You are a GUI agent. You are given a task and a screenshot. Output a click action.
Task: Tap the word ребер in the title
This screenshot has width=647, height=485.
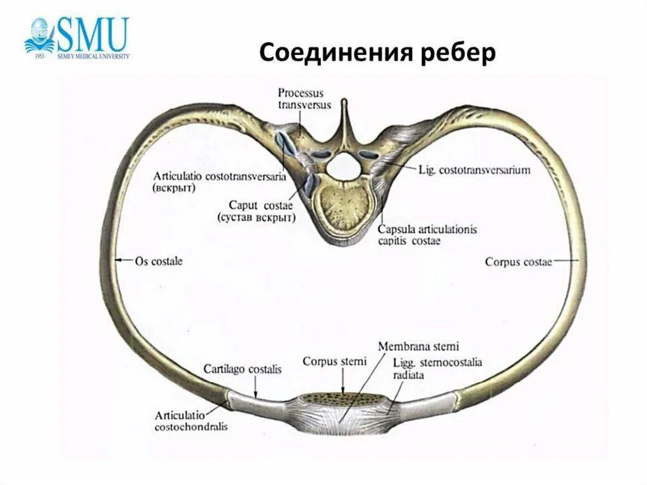point(459,54)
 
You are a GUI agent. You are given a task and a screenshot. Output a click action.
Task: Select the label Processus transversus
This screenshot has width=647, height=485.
point(304,100)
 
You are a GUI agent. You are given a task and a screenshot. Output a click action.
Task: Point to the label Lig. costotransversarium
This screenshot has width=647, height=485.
point(474,170)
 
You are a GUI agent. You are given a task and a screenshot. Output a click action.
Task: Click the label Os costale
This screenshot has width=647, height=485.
point(158,261)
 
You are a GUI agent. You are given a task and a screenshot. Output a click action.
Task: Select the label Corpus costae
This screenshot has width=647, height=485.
point(518,261)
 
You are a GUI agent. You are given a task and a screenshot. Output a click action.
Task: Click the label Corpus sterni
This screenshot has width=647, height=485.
point(334,362)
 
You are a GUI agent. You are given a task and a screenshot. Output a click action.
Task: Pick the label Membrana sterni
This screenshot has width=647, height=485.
point(418,347)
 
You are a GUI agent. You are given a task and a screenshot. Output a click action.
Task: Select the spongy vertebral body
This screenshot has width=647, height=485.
point(345,209)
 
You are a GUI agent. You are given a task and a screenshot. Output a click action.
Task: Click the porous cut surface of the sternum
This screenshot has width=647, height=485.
point(341,400)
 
